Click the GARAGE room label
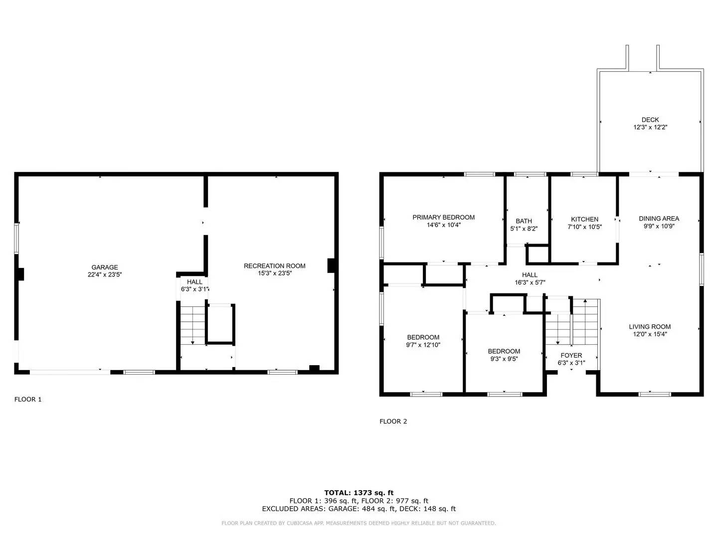coord(105,268)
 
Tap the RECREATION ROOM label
coord(274,266)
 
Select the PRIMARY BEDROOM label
coord(443,217)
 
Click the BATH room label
coord(524,221)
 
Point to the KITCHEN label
coord(584,219)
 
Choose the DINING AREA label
coord(659,218)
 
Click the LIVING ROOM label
coord(650,327)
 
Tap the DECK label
coord(650,120)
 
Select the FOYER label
coord(571,355)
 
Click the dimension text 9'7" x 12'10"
coord(423,345)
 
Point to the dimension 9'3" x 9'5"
coord(504,359)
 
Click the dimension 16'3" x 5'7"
coord(530,282)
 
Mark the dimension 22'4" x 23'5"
coord(105,274)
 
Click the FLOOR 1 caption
coord(28,399)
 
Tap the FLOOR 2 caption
coord(393,421)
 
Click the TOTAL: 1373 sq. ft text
coord(359,493)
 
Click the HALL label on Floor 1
coord(194,282)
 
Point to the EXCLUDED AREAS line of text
coord(359,509)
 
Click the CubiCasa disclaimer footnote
coord(359,523)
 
